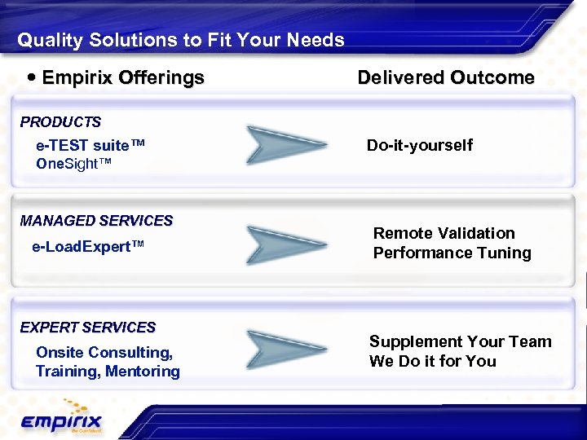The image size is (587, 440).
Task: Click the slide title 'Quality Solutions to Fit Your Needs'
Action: tap(181, 40)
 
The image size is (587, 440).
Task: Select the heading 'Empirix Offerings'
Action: tap(122, 78)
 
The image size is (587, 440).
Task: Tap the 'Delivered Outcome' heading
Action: tap(446, 78)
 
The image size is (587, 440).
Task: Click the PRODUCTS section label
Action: tap(61, 122)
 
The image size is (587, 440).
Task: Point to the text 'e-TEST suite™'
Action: tap(90, 146)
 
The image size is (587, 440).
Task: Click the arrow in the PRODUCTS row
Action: tap(277, 145)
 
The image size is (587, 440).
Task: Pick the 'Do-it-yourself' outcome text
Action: tap(419, 146)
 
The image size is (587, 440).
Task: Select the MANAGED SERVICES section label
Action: tap(96, 221)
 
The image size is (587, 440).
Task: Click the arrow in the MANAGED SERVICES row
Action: tap(277, 244)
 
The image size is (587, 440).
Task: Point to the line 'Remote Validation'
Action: tap(444, 234)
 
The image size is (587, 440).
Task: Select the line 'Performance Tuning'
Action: tap(452, 253)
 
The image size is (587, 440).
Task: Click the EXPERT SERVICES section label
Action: tap(88, 328)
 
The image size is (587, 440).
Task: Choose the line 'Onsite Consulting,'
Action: tap(104, 352)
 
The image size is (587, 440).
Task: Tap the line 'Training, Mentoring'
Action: tap(108, 372)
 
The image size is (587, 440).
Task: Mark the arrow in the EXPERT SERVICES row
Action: tap(277, 350)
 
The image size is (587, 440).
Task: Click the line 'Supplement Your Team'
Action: tap(460, 341)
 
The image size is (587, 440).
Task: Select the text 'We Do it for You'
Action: tap(432, 361)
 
